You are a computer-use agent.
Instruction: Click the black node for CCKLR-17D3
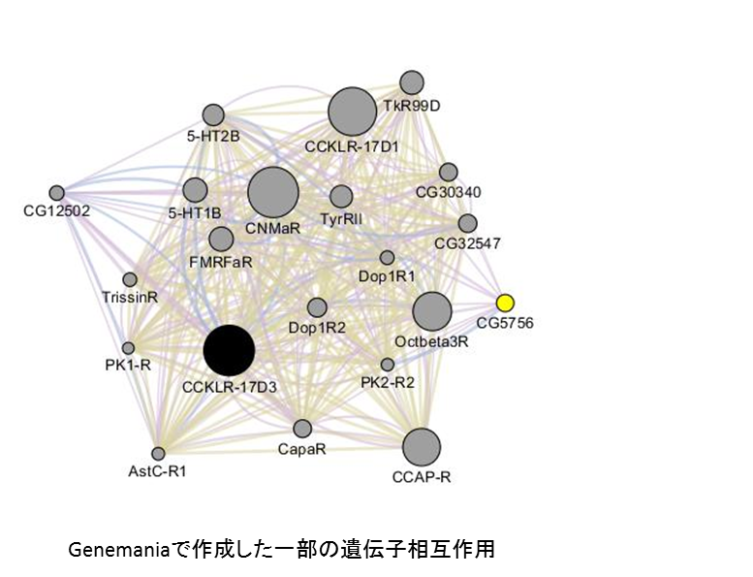click(229, 350)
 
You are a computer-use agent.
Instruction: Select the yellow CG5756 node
click(505, 304)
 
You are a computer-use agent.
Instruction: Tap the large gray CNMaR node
click(273, 193)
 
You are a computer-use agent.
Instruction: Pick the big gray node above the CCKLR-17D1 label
click(353, 112)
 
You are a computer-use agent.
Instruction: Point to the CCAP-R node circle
click(422, 447)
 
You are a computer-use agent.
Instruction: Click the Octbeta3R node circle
click(432, 311)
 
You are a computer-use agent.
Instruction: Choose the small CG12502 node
click(56, 193)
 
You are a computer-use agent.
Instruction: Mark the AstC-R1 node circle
click(158, 454)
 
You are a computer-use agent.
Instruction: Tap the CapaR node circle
click(302, 429)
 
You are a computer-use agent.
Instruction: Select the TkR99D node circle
click(412, 82)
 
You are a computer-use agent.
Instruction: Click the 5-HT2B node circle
click(213, 115)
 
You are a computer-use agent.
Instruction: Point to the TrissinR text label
click(130, 298)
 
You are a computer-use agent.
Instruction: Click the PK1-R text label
click(128, 366)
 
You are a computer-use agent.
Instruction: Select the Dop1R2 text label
click(317, 328)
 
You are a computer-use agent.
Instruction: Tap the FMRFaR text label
click(221, 262)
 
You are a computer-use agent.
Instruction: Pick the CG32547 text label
click(468, 243)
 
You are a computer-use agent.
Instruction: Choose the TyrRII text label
click(341, 219)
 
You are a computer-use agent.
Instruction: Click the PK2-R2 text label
click(388, 383)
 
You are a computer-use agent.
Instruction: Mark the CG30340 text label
click(448, 192)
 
